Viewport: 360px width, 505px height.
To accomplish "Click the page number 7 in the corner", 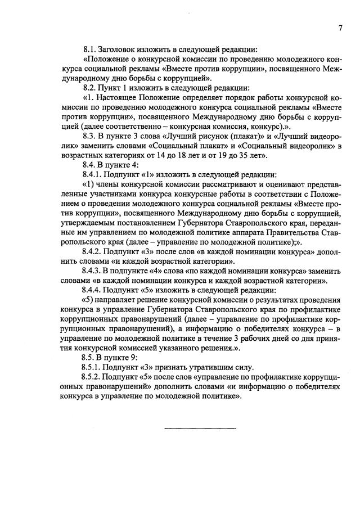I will click(x=340, y=28).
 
